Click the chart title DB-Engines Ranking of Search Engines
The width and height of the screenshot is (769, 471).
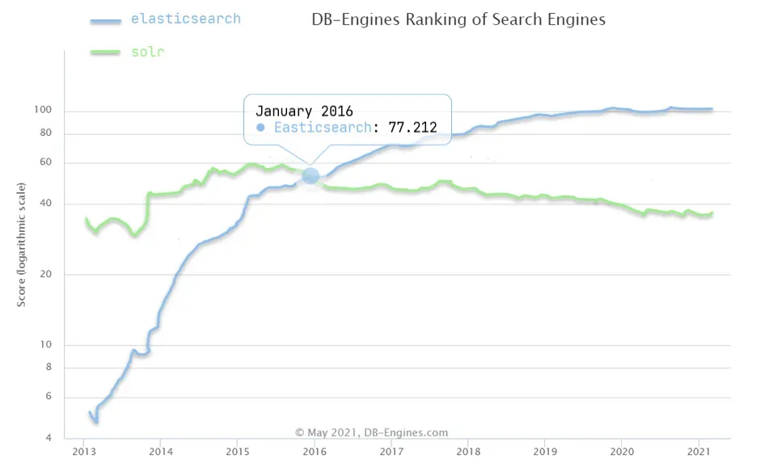[x=458, y=19]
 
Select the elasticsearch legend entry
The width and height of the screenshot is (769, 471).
[x=185, y=18]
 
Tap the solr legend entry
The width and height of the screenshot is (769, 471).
[x=148, y=53]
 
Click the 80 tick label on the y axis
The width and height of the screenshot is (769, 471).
[x=46, y=133]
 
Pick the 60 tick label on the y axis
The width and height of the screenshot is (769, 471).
[x=46, y=162]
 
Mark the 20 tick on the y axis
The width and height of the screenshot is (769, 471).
[x=46, y=275]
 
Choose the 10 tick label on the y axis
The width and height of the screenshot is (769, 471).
[x=46, y=345]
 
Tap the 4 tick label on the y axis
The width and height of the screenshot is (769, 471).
[x=49, y=438]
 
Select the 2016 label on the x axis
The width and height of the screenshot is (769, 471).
[x=314, y=451]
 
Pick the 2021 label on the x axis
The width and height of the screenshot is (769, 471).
[x=698, y=451]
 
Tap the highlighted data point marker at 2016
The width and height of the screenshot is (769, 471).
[x=311, y=175]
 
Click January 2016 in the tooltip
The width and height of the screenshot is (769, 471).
[x=304, y=111]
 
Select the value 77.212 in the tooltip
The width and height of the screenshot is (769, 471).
[x=412, y=128]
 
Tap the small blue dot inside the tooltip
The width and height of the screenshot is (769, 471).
[x=260, y=128]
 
